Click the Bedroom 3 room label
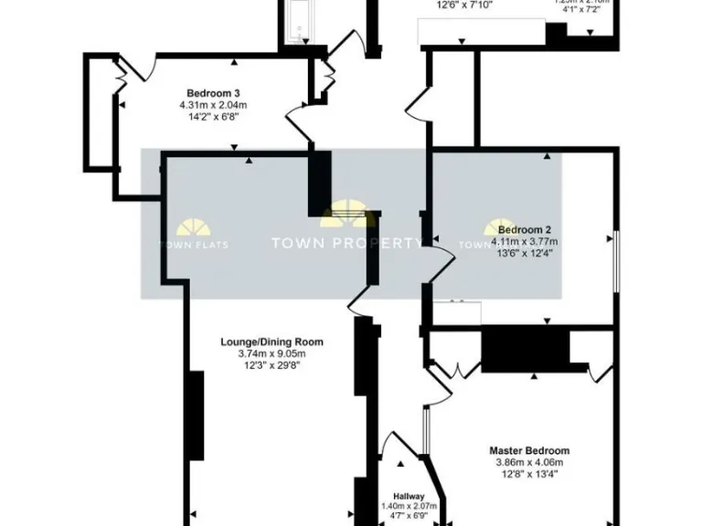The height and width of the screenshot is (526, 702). pyautogui.click(x=213, y=93)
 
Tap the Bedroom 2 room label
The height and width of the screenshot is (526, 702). pyautogui.click(x=524, y=230)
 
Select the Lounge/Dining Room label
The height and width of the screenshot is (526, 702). pyautogui.click(x=271, y=342)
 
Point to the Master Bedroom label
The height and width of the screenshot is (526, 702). pyautogui.click(x=529, y=450)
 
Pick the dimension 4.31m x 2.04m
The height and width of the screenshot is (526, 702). pyautogui.click(x=213, y=104)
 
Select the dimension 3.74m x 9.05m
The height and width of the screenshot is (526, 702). pyautogui.click(x=271, y=353)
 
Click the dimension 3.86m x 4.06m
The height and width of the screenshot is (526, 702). pyautogui.click(x=529, y=461)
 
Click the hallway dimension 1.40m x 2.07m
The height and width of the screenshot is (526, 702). pyautogui.click(x=409, y=505)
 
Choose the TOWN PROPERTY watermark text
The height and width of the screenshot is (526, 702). pyautogui.click(x=346, y=243)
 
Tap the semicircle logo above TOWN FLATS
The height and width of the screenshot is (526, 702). pyautogui.click(x=194, y=227)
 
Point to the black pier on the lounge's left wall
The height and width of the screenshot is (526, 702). pyautogui.click(x=195, y=416)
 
